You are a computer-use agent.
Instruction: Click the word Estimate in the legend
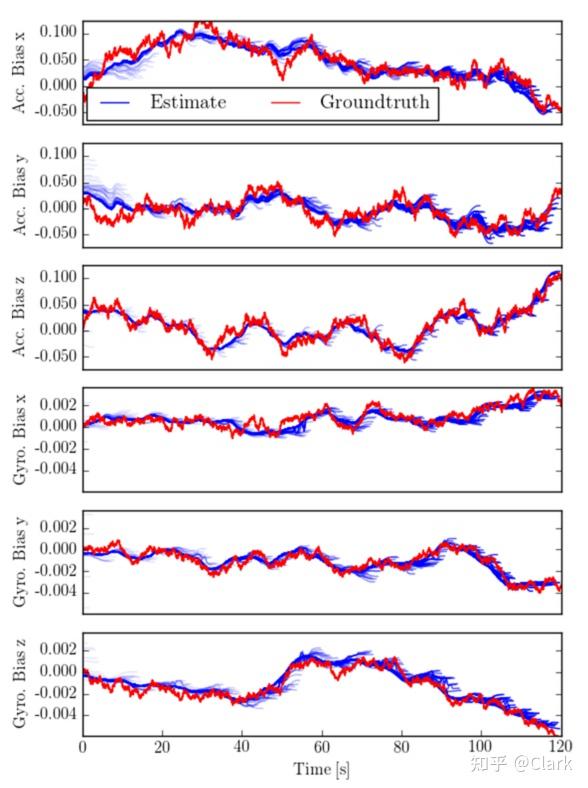point(188,102)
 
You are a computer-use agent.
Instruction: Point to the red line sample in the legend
point(284,103)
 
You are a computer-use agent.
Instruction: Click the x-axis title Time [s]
point(321,769)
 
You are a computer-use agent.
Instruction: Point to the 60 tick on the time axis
point(321,746)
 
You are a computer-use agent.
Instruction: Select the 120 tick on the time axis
point(559,746)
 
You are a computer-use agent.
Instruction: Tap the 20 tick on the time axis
point(162,746)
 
